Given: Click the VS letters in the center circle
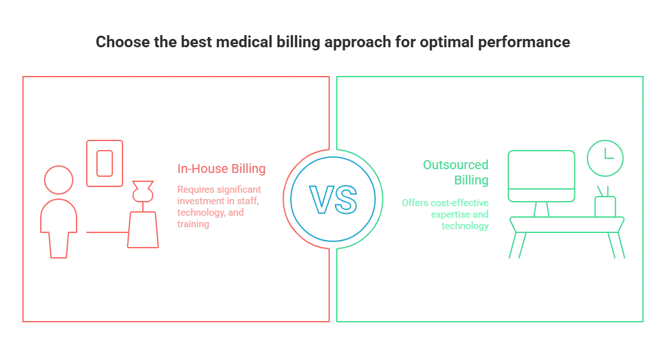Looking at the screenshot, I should pyautogui.click(x=332, y=199).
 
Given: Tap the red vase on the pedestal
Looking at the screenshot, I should pyautogui.click(x=142, y=194).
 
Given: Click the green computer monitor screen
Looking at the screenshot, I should pyautogui.click(x=541, y=174).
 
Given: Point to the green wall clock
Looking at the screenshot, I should pyautogui.click(x=603, y=156).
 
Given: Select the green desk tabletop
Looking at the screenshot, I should pyautogui.click(x=566, y=221).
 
